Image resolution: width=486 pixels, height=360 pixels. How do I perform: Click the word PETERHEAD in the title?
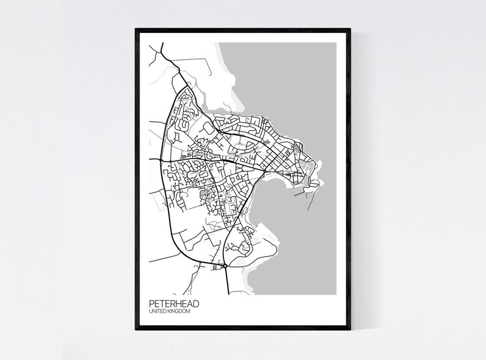173,303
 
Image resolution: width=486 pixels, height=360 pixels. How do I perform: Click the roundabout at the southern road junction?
225,266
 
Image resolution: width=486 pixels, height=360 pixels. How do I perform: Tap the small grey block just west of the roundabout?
215,268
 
